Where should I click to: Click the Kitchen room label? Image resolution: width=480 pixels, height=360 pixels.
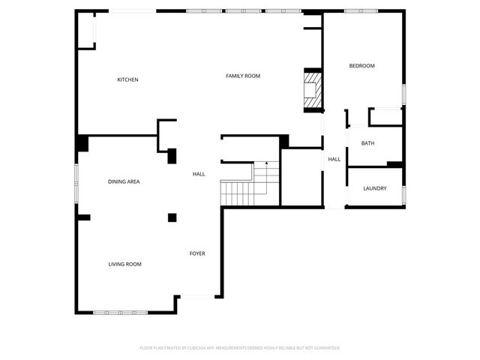127,79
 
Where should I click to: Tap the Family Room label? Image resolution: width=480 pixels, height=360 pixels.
243,76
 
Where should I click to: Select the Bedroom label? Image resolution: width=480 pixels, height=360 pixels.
361,66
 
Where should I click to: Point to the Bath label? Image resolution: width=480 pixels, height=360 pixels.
367,143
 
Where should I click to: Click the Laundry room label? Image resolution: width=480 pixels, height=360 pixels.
374,188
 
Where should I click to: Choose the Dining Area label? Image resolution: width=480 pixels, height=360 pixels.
124,181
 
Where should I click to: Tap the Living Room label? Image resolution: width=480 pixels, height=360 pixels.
125,264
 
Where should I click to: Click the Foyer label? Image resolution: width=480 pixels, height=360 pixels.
197,253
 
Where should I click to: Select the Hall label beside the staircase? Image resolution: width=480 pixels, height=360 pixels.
199,174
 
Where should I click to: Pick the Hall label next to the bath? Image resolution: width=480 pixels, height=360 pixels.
334,159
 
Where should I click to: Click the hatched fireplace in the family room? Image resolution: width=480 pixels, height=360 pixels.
312,90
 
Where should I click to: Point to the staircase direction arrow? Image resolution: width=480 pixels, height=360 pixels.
266,163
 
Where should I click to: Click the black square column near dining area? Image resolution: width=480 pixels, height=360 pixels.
172,217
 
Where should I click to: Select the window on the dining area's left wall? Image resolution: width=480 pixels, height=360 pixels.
76,182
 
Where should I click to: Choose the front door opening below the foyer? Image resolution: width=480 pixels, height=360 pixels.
199,297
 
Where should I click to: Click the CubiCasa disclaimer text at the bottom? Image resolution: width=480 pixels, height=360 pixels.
240,348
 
